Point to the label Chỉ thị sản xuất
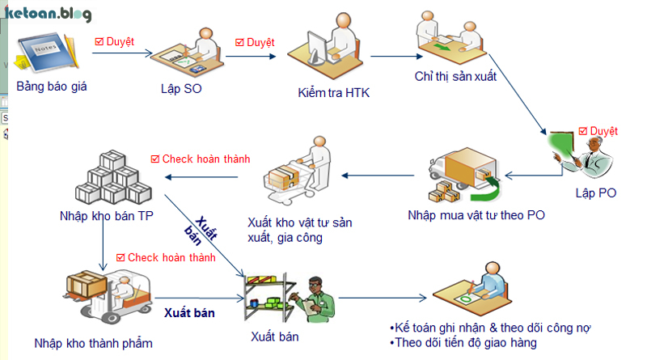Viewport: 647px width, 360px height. click(x=455, y=78)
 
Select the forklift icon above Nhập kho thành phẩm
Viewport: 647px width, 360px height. click(x=108, y=296)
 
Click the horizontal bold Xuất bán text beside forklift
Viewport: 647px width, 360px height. click(x=189, y=311)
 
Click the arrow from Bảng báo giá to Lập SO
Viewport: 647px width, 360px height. click(x=121, y=54)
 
